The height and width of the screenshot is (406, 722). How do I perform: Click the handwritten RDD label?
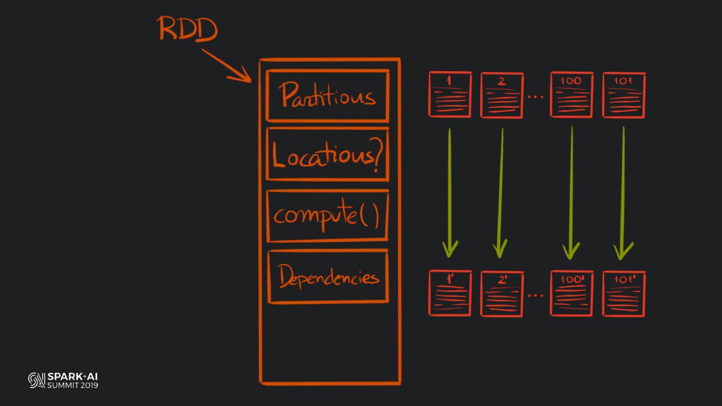tap(188, 29)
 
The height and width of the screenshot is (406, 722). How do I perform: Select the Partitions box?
tap(327, 96)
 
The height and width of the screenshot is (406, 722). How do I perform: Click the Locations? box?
tap(327, 154)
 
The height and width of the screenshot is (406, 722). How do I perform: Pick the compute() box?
tap(327, 216)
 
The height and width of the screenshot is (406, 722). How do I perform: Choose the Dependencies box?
tap(328, 277)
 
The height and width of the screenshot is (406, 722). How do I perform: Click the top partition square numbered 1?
tap(450, 95)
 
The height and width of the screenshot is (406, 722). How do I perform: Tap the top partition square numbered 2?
tap(502, 95)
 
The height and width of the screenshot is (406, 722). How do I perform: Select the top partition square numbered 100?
tap(572, 95)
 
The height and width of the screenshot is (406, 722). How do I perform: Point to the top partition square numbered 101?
tap(624, 95)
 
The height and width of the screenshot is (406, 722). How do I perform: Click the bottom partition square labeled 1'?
tap(450, 293)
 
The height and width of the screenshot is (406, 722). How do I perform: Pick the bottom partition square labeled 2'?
tap(502, 294)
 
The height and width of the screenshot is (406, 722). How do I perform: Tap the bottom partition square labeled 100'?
tap(572, 293)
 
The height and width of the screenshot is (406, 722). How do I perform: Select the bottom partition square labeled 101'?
tap(624, 294)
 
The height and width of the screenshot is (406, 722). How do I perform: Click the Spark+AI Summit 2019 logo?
tap(63, 380)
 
